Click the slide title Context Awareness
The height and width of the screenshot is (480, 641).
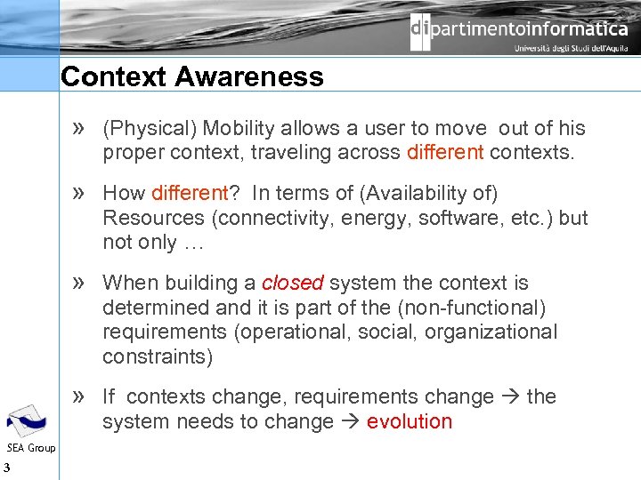[191, 76]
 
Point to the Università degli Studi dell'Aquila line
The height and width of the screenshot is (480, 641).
[571, 49]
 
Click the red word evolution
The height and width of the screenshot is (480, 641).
[410, 421]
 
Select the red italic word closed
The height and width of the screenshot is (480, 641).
[292, 283]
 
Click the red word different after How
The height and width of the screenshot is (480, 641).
[190, 193]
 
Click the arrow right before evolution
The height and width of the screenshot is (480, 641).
[350, 421]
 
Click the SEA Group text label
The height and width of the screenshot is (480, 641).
[30, 447]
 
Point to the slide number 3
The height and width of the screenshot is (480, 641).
[6, 468]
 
